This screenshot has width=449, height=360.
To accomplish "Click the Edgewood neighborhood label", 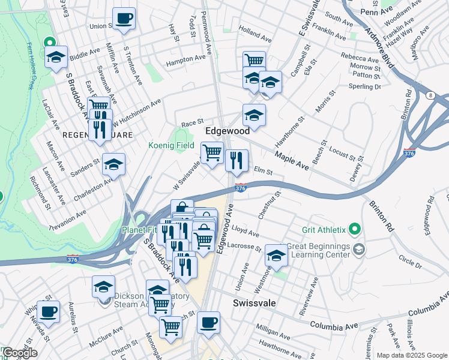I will (x=228, y=130).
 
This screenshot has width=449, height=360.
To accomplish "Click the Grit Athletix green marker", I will (x=354, y=229).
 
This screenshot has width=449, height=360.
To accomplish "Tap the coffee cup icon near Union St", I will (x=124, y=19).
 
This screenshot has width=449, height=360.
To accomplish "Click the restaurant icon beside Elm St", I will (x=237, y=160).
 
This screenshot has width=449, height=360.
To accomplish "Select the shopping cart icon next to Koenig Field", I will (x=211, y=153).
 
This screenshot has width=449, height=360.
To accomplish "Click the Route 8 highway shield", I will (x=430, y=95).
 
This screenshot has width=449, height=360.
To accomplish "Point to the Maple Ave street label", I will (x=292, y=160).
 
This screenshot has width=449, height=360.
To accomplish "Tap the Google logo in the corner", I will (x=19, y=353).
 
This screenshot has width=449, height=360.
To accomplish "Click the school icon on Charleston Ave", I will (x=113, y=164).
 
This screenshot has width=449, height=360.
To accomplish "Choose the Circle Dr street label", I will (x=410, y=259).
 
